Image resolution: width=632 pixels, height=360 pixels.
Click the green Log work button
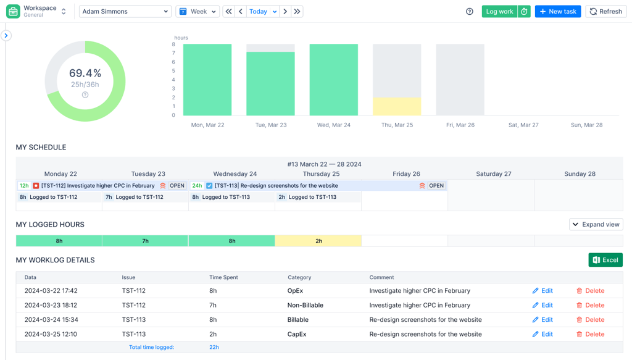tap(499, 11)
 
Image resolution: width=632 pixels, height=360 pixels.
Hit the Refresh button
tap(606, 11)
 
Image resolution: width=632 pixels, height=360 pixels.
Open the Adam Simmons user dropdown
tap(125, 11)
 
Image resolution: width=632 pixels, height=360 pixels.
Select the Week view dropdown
tap(197, 11)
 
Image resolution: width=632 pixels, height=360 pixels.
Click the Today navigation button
tap(259, 11)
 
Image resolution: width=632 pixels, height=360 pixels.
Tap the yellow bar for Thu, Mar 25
tap(397, 106)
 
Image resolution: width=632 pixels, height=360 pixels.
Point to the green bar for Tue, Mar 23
tap(270, 84)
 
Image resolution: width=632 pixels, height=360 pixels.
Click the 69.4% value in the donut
tap(85, 73)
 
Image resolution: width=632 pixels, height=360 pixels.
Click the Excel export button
tap(605, 260)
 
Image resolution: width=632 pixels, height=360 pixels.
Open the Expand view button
tap(596, 225)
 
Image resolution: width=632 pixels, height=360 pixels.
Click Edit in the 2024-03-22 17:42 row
tap(543, 291)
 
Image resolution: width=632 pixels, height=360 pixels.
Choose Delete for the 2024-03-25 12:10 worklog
tap(590, 334)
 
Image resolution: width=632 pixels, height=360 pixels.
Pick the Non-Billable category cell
tap(305, 305)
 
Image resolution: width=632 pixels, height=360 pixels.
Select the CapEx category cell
tap(297, 334)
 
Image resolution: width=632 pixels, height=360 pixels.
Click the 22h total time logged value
tap(214, 347)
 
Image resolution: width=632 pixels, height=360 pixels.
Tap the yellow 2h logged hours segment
tap(318, 241)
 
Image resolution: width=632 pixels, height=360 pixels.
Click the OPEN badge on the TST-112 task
tap(177, 185)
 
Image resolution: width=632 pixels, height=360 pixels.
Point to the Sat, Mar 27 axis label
tap(523, 125)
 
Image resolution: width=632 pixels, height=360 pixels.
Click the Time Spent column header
tap(223, 277)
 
